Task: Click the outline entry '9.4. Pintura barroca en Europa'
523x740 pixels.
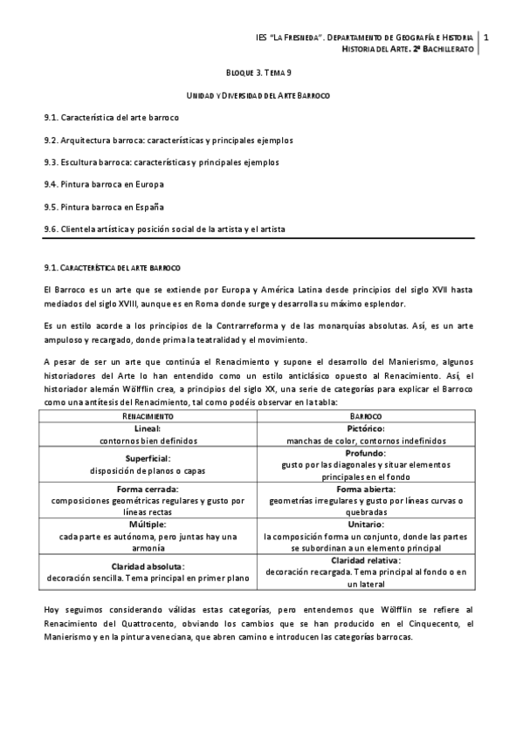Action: (x=104, y=184)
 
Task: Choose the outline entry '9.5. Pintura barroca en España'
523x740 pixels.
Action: (x=104, y=207)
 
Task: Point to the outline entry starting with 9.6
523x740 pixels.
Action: (x=164, y=230)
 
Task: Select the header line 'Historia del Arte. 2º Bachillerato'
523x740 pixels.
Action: (x=408, y=51)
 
